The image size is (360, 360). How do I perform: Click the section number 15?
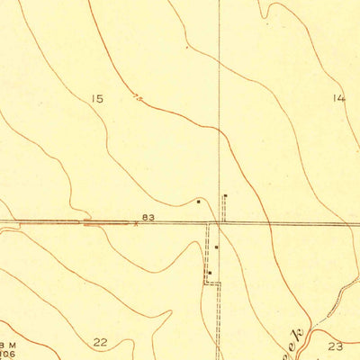click(x=97, y=98)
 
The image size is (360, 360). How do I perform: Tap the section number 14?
click(x=337, y=98)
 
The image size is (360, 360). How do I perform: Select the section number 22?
click(x=100, y=341)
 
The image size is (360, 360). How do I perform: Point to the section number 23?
click(x=336, y=346)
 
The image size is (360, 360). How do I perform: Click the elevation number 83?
click(x=148, y=218)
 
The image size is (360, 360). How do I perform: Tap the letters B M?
click(x=8, y=344)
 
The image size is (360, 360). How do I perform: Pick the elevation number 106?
click(x=8, y=354)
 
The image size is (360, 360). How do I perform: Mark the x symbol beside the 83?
click(x=136, y=224)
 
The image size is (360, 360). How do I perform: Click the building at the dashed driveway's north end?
click(x=225, y=196)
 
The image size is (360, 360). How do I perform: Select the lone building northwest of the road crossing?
click(x=199, y=202)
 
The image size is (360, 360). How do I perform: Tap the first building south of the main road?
click(x=216, y=246)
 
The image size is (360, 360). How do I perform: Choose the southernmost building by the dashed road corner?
click(x=210, y=273)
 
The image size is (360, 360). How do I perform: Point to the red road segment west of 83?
click(x=106, y=221)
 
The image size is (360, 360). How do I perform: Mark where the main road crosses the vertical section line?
click(x=220, y=223)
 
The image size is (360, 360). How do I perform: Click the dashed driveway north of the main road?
click(x=225, y=210)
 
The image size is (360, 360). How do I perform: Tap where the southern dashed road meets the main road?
click(x=212, y=224)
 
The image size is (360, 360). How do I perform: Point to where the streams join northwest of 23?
click(x=309, y=321)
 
